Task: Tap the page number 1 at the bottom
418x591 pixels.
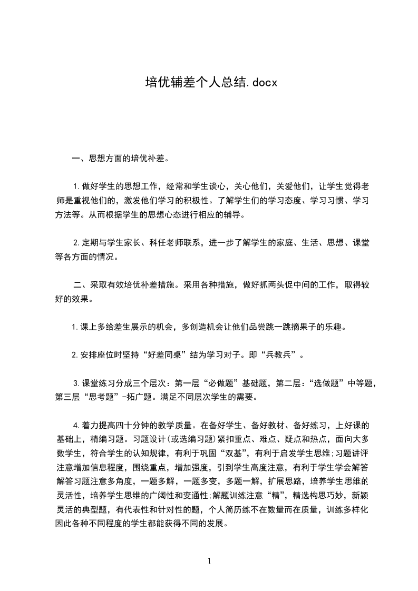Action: click(x=209, y=562)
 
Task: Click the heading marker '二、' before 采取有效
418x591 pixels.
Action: click(x=81, y=285)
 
